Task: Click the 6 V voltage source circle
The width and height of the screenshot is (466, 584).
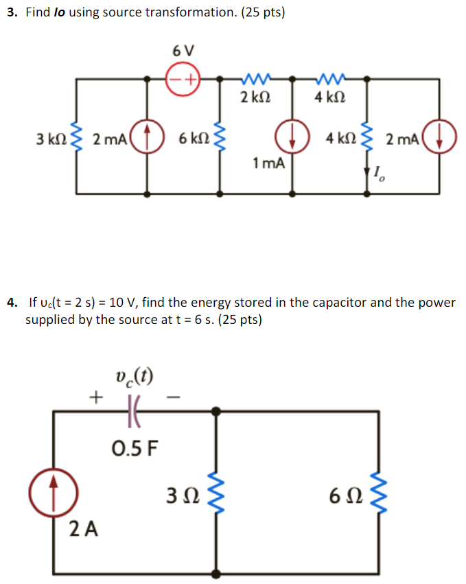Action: pyautogui.click(x=183, y=79)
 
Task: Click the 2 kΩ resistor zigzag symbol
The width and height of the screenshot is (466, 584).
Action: pyautogui.click(x=256, y=79)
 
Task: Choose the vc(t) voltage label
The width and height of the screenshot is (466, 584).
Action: pyautogui.click(x=135, y=375)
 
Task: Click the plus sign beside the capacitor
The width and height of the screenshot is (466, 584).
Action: pyautogui.click(x=95, y=397)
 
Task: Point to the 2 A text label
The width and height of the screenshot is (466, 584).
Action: pyautogui.click(x=83, y=529)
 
